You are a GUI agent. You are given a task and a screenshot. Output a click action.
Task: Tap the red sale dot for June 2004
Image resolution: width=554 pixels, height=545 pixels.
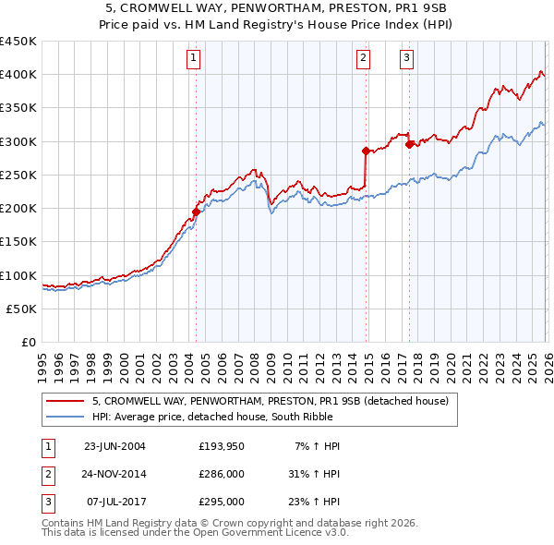coord(196,212)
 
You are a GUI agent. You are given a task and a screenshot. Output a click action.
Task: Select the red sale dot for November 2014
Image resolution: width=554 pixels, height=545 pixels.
coord(366,151)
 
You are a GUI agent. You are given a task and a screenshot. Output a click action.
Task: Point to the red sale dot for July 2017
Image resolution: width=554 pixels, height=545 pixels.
coord(409,144)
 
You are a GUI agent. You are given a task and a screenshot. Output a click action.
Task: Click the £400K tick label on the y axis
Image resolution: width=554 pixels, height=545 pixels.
coord(18,75)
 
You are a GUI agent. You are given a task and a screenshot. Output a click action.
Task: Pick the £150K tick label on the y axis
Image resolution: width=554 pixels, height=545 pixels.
coord(18,242)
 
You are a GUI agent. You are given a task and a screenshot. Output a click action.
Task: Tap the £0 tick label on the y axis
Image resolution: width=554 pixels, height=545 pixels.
coord(28,343)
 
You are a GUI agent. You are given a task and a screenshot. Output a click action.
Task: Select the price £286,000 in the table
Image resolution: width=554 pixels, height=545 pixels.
coord(222,474)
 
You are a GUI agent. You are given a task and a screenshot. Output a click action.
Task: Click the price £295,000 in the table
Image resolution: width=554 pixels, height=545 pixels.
coord(222,502)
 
